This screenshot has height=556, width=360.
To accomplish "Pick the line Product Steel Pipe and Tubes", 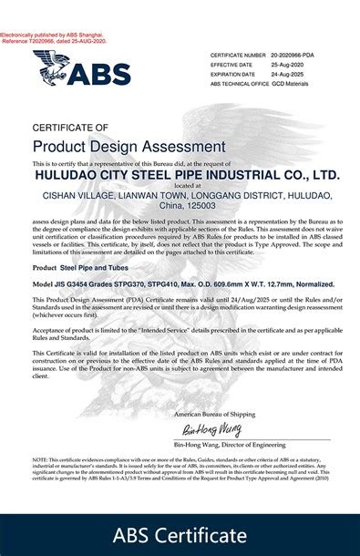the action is (80, 267).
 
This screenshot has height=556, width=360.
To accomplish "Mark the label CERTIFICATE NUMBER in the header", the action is (238, 56).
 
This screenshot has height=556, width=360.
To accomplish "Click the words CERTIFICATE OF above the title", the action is (70, 127).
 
